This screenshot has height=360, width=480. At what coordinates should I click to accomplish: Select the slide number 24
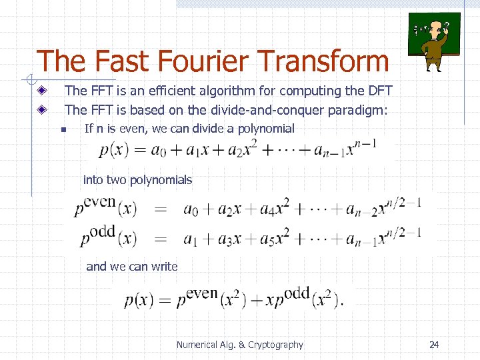click(x=434, y=345)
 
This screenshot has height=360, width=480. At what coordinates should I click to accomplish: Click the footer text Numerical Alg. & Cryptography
click(x=239, y=345)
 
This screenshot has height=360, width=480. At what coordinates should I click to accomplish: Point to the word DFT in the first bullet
click(x=379, y=91)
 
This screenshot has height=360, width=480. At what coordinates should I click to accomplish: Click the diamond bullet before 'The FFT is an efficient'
click(x=42, y=91)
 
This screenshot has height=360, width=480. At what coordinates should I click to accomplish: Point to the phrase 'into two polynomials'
click(x=137, y=179)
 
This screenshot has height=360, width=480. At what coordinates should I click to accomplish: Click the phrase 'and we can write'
click(x=132, y=267)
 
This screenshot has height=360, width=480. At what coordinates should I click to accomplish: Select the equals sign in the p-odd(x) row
click(x=161, y=239)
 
